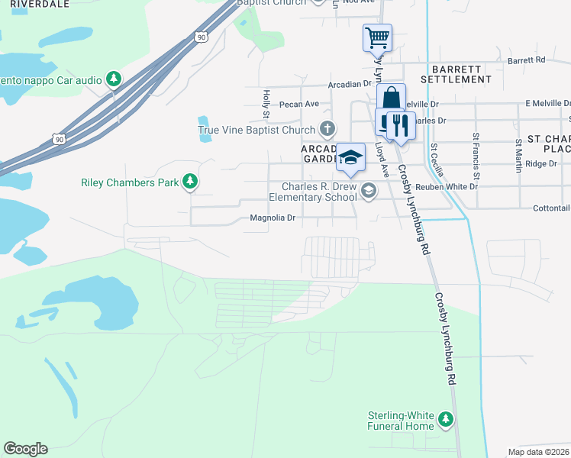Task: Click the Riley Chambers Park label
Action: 130,182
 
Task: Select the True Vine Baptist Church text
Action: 256,130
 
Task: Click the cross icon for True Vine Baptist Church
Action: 327,128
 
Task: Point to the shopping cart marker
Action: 376,37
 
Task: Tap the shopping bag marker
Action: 391,98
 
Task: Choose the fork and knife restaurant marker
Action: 400,124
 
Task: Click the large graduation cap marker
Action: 350,158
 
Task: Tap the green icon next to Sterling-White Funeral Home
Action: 445,419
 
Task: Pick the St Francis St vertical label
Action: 476,151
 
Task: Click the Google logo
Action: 25,449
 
